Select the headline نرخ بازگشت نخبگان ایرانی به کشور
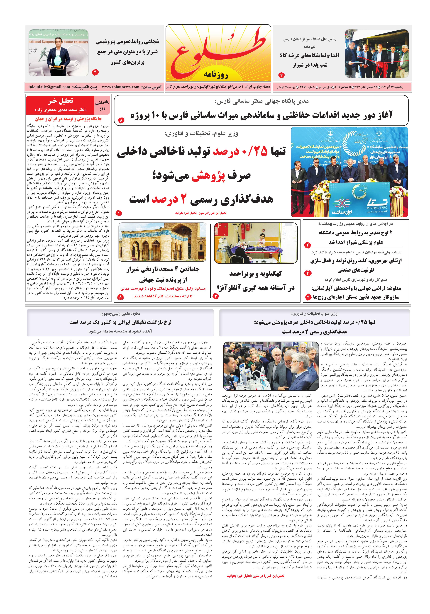tap(120, 322)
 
